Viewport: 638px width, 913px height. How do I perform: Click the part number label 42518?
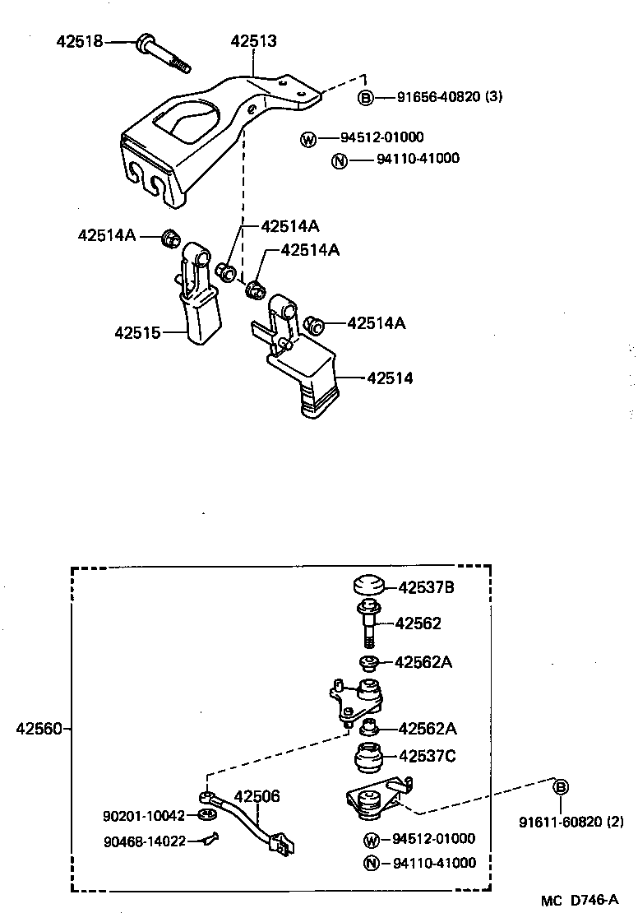click(x=80, y=40)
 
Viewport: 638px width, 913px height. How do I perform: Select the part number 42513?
click(x=253, y=40)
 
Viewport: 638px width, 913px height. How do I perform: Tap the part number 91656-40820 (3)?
click(x=450, y=97)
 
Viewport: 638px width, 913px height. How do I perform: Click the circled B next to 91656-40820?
click(x=366, y=98)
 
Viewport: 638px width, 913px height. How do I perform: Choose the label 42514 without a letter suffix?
click(x=390, y=378)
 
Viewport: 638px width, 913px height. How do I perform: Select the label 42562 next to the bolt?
click(x=418, y=623)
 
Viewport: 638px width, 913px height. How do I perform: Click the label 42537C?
click(x=428, y=756)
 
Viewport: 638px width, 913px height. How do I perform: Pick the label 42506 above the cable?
click(x=257, y=796)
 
